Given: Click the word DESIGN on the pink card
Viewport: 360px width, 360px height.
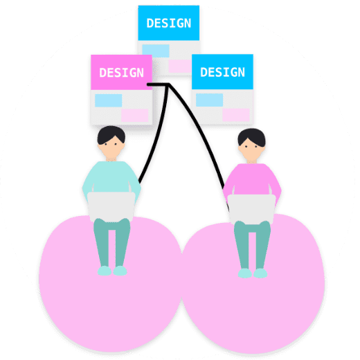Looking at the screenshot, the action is tap(121, 73).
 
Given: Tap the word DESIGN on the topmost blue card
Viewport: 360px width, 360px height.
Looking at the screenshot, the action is tap(169, 24).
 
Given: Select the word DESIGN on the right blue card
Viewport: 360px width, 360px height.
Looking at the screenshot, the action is tap(222, 72).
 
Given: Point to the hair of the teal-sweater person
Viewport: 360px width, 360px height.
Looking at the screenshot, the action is tap(111, 134).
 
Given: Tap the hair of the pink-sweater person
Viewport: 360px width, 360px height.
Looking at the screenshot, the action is tap(252, 137).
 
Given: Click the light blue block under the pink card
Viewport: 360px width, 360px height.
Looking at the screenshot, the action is tap(109, 100).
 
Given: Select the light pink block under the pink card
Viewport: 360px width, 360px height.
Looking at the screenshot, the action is tap(135, 116).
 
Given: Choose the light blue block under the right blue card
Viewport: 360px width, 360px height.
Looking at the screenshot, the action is tap(209, 100).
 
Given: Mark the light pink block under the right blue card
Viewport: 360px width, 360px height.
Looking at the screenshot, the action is tap(236, 115).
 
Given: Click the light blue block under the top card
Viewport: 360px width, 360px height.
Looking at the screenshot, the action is tap(156, 51).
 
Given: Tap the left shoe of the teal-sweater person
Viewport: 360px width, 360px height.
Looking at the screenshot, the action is tap(105, 271).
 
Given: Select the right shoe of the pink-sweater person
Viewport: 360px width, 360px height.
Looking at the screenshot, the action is tap(260, 273).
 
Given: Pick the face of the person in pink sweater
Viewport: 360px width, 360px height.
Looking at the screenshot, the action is tap(251, 150).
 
